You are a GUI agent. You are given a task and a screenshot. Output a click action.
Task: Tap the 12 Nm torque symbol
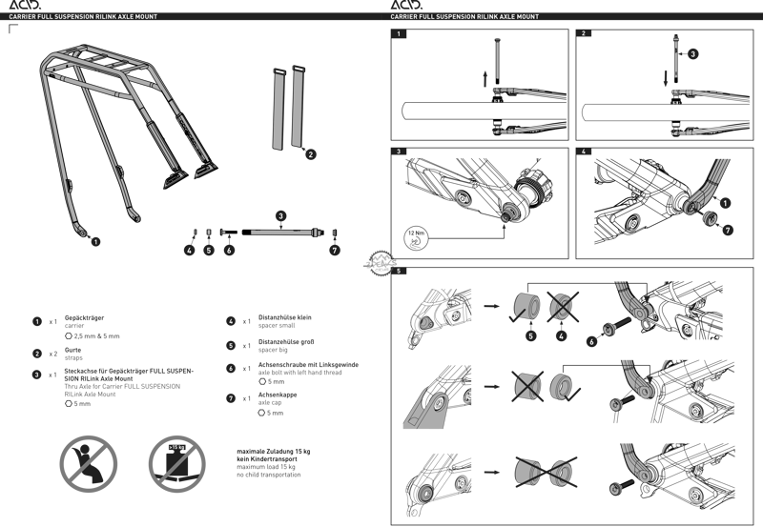click(413, 235)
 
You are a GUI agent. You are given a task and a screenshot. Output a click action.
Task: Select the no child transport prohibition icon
click(88, 462)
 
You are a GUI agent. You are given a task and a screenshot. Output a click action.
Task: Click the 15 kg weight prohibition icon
click(177, 462)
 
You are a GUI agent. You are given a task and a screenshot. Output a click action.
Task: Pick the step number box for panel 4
click(585, 152)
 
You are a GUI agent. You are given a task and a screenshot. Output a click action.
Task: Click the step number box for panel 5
click(399, 271)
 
